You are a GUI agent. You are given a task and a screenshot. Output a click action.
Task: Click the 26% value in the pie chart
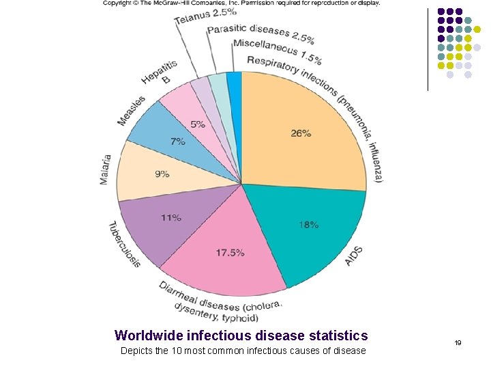[x=301, y=134]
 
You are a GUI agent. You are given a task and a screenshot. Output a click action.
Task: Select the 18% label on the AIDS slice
[x=308, y=225]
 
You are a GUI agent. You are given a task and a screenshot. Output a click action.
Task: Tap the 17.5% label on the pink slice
[x=230, y=253]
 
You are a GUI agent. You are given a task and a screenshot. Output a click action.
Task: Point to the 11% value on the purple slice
[x=170, y=218]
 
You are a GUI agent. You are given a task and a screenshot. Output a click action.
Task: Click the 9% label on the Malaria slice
[x=162, y=174]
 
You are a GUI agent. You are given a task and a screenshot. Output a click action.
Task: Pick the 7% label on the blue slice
[x=177, y=142]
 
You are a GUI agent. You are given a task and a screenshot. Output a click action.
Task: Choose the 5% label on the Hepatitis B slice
[x=197, y=124]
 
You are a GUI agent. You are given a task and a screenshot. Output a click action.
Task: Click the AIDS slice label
[x=354, y=256]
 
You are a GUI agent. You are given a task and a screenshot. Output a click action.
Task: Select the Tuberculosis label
[x=123, y=244]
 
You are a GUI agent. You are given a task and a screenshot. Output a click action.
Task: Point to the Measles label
[x=131, y=111]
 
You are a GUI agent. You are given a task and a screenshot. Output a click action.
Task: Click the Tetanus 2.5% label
[x=205, y=15]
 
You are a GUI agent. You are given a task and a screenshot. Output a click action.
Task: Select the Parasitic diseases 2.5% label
[x=261, y=32]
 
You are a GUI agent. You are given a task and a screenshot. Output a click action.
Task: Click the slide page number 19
[x=458, y=342]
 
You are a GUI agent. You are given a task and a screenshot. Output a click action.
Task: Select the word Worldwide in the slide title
[x=147, y=336]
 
